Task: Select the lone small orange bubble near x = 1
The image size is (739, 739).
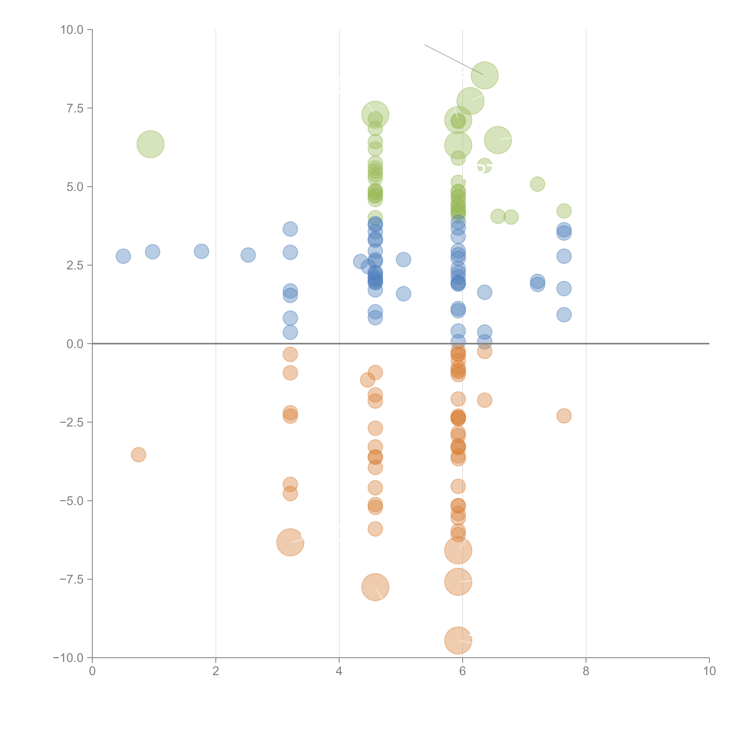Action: (138, 454)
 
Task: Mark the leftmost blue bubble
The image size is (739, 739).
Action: (123, 256)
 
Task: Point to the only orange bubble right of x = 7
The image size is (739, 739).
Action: (564, 416)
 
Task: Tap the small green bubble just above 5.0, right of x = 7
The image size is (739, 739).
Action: (537, 184)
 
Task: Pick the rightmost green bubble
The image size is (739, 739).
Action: (564, 211)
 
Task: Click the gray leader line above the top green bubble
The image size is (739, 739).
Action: (453, 59)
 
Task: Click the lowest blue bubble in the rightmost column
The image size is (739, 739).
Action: (564, 315)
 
